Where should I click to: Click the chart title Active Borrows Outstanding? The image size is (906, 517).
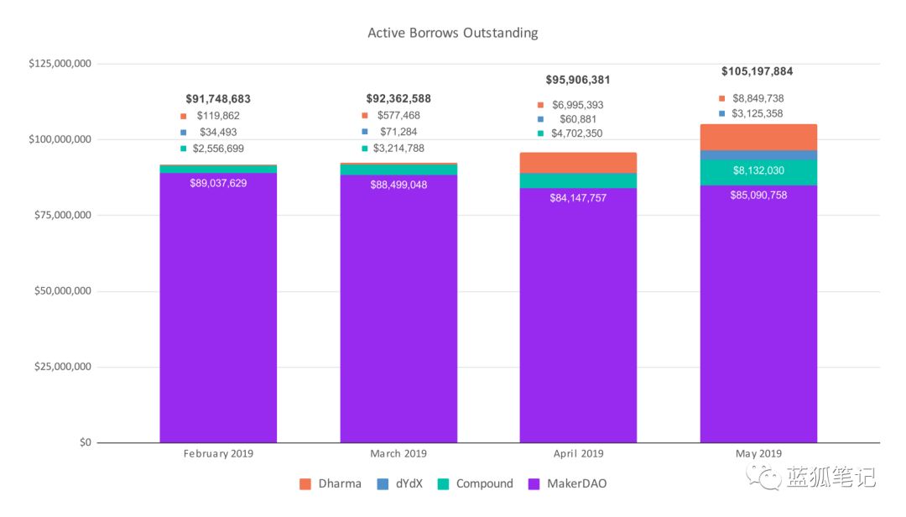tap(452, 33)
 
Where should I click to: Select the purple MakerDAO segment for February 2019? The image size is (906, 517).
tap(218, 308)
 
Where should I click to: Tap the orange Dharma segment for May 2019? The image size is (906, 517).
tap(758, 138)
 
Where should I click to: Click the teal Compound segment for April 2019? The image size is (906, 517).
tap(578, 180)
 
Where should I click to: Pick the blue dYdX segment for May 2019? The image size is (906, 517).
tap(758, 155)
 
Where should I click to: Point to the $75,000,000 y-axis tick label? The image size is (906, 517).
tap(62, 215)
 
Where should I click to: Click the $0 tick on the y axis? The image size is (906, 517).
tap(86, 442)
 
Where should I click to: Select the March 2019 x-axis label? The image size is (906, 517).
tap(398, 454)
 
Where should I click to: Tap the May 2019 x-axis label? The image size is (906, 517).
tap(758, 454)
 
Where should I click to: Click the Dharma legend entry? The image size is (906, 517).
tap(331, 484)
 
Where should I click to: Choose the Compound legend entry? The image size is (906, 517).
tap(476, 484)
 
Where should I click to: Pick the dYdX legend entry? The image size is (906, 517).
tap(400, 484)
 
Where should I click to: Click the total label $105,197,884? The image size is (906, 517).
tap(757, 71)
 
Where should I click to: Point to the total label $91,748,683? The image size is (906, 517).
tap(218, 100)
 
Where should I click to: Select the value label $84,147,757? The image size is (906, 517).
tap(578, 198)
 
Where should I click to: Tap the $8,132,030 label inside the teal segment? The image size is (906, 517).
tap(758, 170)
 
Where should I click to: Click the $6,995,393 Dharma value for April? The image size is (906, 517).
tap(578, 105)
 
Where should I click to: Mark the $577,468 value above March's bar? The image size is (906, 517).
tap(398, 116)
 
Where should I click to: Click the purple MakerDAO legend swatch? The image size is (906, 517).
tap(534, 484)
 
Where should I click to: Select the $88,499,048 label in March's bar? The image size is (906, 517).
tap(398, 185)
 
